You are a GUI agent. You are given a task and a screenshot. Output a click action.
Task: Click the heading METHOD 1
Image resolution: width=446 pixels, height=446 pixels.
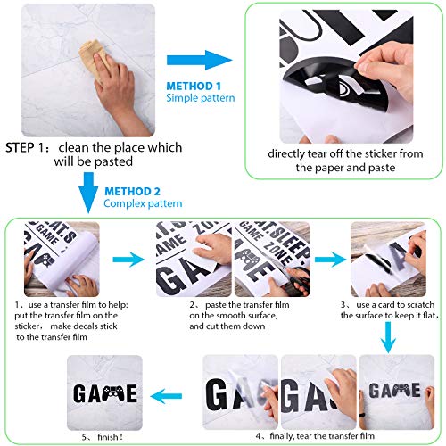[194, 87]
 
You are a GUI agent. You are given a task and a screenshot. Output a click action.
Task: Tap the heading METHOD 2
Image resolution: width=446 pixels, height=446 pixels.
[132, 191]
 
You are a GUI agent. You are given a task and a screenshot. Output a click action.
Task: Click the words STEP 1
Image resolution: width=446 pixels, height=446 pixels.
[25, 148]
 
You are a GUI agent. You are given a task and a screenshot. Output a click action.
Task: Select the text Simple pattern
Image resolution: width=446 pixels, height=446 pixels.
[201, 98]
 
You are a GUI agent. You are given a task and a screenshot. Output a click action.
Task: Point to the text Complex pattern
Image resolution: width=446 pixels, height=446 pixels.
[143, 203]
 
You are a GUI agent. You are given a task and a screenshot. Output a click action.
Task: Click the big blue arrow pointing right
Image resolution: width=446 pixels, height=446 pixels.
[200, 60]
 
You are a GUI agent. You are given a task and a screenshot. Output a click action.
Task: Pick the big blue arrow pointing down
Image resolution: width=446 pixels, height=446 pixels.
[88, 193]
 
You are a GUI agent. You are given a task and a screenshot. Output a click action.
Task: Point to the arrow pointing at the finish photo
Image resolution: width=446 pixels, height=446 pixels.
[166, 396]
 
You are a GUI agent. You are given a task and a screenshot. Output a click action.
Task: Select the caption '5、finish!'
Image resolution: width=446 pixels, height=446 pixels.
[103, 437]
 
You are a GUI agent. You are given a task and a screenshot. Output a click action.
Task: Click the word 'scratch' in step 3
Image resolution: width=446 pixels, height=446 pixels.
[421, 305]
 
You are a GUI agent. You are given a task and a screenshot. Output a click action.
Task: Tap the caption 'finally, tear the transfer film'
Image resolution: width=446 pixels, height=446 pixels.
[322, 436]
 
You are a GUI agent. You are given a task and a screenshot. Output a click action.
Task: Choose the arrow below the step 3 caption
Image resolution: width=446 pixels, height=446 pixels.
[388, 337]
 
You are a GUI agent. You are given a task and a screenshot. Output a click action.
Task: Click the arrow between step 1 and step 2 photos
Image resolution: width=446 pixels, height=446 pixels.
[128, 260]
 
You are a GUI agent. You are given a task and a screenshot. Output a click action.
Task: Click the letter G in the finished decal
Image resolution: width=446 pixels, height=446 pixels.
[79, 393]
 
